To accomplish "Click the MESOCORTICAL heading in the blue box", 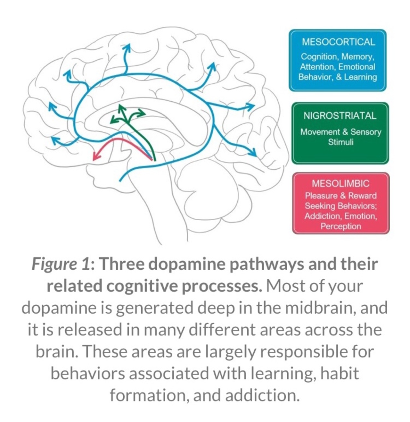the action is coord(338,42).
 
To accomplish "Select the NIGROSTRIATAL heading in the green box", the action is coord(340,115).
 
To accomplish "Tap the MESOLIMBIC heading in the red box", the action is coord(340,183).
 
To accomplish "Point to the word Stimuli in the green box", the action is coord(341,142).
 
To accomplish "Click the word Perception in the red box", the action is coord(341,226).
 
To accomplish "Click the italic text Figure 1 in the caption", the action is coord(61,264).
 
